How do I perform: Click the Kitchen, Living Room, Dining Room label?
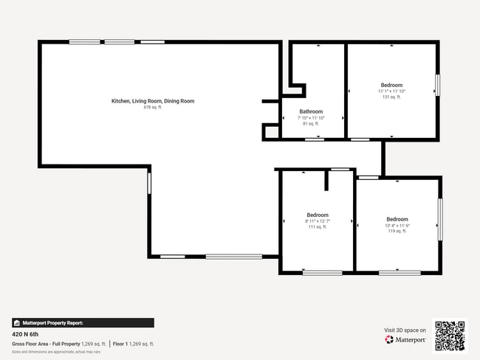pos(153,101)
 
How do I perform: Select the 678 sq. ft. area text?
pos(153,107)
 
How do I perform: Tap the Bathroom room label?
pos(311,111)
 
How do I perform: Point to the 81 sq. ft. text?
pos(311,123)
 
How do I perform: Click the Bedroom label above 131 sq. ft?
pos(391,85)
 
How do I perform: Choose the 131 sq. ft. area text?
pos(391,97)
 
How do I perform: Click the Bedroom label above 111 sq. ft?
pos(318,215)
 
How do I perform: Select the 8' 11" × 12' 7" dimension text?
pos(318,221)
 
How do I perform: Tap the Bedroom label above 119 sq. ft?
pos(397,219)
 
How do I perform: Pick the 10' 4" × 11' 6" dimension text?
pos(397,225)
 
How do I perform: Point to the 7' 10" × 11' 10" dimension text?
pos(311,117)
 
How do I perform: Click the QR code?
pos(450,336)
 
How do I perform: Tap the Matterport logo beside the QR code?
pos(405,340)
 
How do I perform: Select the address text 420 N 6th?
pos(27,333)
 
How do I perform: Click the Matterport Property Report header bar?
pos(83,322)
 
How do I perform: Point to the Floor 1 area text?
pos(134,344)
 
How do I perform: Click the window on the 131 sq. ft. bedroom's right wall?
pos(437,84)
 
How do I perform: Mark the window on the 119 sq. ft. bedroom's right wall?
pos(441,219)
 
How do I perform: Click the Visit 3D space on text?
pos(405,330)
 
